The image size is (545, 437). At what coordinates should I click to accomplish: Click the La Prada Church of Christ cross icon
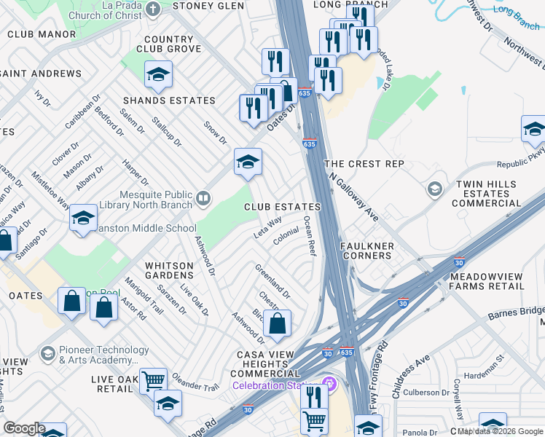click(x=152, y=8)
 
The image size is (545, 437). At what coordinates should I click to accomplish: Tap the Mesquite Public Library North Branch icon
click(x=203, y=197)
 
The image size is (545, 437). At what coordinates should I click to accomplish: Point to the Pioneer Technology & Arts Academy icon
click(x=47, y=354)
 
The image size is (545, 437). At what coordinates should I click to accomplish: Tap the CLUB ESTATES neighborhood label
click(x=282, y=207)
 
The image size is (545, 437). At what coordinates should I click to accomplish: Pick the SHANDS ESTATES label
click(x=169, y=101)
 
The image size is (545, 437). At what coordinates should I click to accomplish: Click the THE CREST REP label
click(x=364, y=165)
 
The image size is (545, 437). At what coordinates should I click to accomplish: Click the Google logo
click(x=25, y=428)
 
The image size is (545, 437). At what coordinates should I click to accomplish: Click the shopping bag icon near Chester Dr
click(x=277, y=324)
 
